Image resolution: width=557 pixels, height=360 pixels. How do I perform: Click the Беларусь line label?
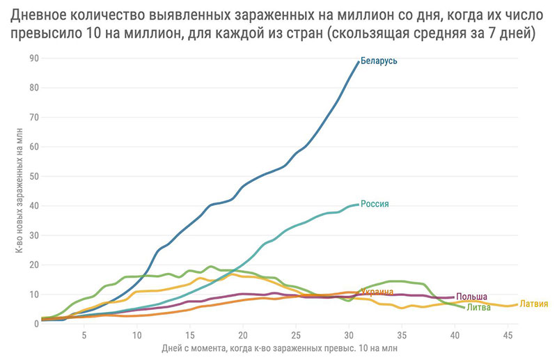pyautogui.click(x=379, y=61)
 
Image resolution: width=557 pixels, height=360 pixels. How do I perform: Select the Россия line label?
pyautogui.click(x=375, y=204)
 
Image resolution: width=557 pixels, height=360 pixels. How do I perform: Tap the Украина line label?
pyautogui.click(x=377, y=292)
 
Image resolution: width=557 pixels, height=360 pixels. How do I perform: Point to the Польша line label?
pyautogui.click(x=471, y=297)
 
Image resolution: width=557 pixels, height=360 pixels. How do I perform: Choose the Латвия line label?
pyautogui.click(x=534, y=304)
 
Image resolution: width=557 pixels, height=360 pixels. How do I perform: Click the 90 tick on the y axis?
pyautogui.click(x=33, y=58)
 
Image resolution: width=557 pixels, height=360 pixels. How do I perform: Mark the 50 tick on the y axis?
pyautogui.click(x=33, y=177)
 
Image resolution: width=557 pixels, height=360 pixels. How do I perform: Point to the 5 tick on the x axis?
pyautogui.click(x=84, y=335)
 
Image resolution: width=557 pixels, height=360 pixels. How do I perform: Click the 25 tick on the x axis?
pyautogui.click(x=295, y=335)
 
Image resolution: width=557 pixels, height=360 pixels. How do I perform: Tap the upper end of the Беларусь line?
pyautogui.click(x=359, y=62)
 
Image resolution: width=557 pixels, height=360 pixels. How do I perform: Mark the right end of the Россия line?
pyautogui.click(x=359, y=204)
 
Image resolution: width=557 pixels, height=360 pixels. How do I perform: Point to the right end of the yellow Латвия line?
pyautogui.click(x=517, y=304)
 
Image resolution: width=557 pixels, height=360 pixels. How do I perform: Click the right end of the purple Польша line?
pyautogui.click(x=453, y=297)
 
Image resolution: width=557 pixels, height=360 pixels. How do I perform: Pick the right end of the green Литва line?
pyautogui.click(x=464, y=307)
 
